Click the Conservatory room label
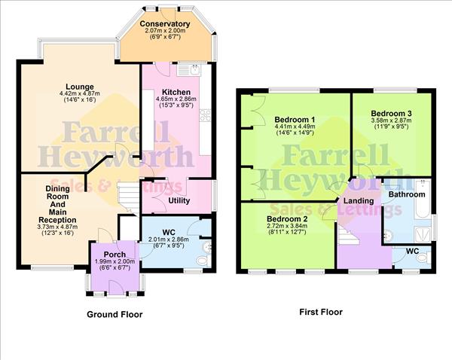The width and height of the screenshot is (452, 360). [x=164, y=24]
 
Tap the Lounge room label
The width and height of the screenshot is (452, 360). [x=79, y=87]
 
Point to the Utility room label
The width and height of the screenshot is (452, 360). [x=179, y=200]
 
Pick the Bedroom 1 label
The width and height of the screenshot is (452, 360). [x=295, y=120]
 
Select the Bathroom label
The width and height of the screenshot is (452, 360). [x=408, y=194]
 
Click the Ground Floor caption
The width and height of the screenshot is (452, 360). [x=115, y=314]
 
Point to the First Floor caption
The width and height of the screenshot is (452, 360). [x=320, y=311]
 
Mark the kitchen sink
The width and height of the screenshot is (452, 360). [x=195, y=71]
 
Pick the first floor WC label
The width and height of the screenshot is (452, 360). [x=413, y=250]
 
